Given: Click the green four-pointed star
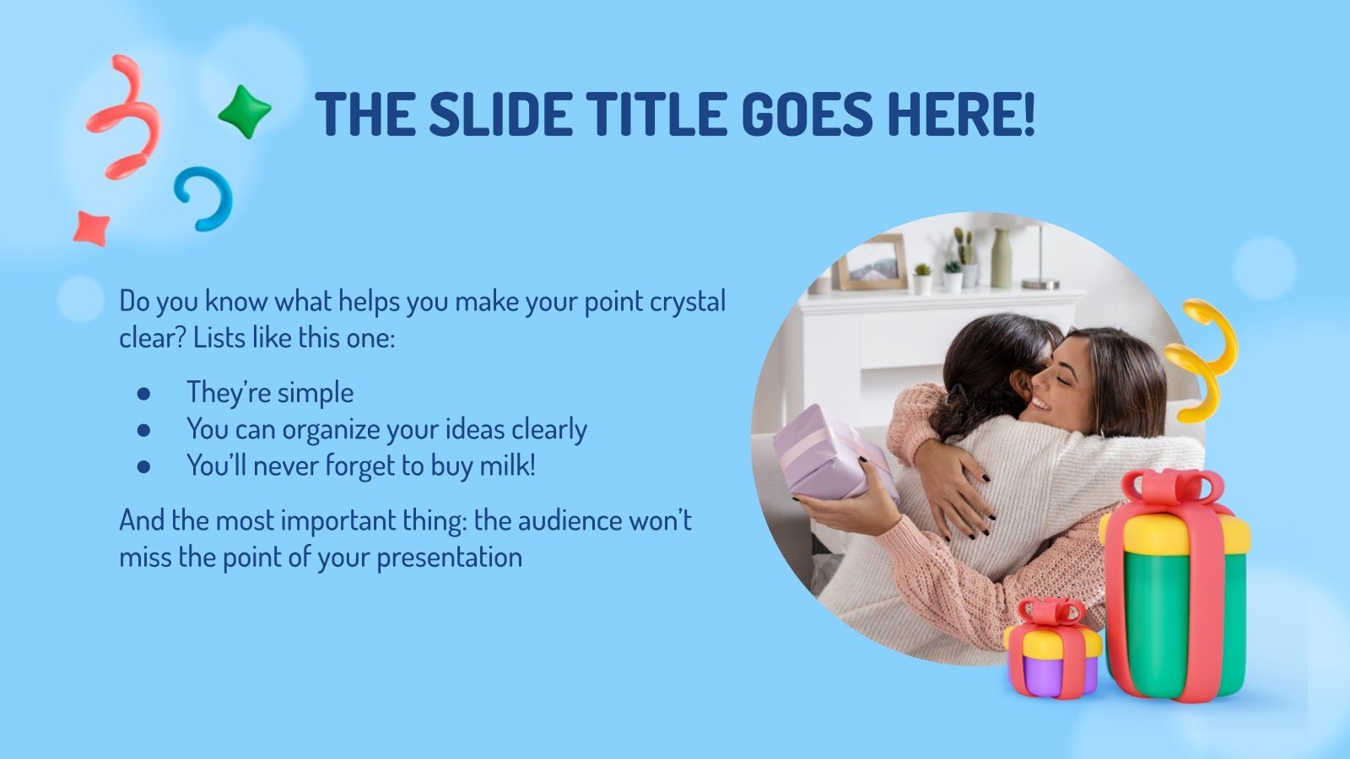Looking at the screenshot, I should pos(245,111).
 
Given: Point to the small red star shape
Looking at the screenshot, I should pos(91,228).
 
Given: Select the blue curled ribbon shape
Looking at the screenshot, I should pos(205,198).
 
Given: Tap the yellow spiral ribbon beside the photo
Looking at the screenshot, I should pos(1202,358).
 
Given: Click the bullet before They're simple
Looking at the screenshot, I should pos(143,393).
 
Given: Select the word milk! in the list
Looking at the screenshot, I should pos(507,466).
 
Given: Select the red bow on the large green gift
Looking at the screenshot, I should pos(1173,487).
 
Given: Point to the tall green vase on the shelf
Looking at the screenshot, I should pos(1001,258).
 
